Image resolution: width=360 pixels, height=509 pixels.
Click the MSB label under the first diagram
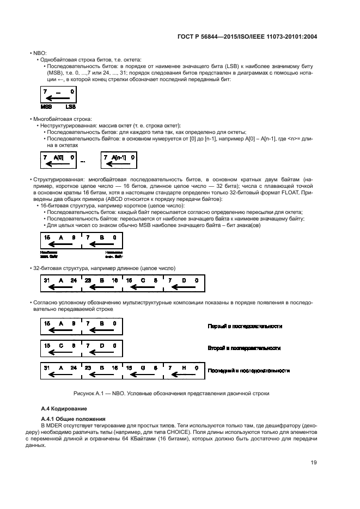(46, 108)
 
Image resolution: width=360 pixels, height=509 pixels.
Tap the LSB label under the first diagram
(69, 108)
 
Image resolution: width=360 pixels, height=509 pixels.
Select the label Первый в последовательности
(245, 326)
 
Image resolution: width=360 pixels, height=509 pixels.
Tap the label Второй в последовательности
(244, 348)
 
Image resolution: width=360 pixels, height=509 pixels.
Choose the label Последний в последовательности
(248, 370)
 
